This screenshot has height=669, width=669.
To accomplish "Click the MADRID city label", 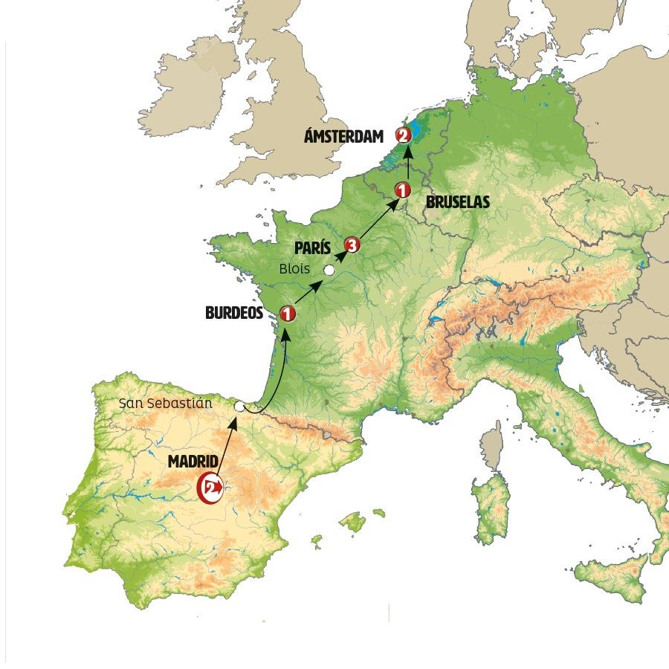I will tap(193, 462).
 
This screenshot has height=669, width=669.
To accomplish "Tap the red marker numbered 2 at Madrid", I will tap(210, 488).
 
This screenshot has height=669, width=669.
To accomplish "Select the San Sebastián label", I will tap(166, 404).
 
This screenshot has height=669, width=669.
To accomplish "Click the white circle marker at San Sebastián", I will tap(239, 407).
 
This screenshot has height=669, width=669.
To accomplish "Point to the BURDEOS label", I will tap(234, 314).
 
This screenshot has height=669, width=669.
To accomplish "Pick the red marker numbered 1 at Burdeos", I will tap(287, 314).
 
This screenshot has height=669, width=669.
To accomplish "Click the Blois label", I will tap(294, 269).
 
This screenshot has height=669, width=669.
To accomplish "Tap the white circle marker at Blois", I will tap(329, 270).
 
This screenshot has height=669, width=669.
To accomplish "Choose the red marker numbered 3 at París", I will tap(352, 245).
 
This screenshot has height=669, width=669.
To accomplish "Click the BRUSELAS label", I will tap(457, 201).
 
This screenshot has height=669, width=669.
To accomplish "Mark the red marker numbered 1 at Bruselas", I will tap(402, 190).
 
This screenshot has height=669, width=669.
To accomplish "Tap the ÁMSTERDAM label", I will tap(344, 136).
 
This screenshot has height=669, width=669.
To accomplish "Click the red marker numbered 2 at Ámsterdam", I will tap(403, 135).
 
